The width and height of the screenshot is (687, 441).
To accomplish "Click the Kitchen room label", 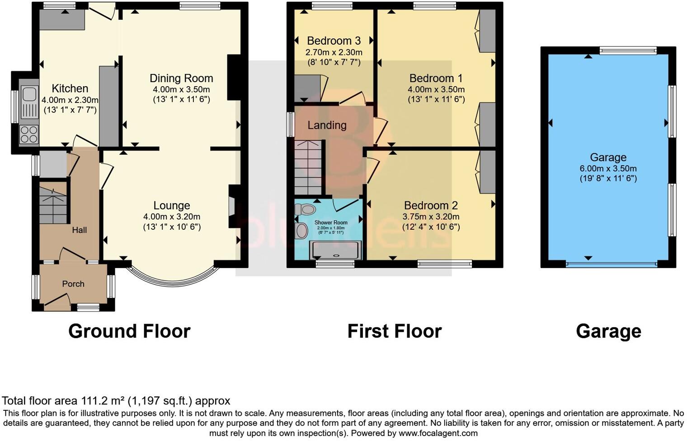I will coord(70,88).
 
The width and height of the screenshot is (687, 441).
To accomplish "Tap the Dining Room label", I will coord(181,78).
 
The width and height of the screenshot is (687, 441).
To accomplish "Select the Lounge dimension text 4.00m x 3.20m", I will coord(172,217).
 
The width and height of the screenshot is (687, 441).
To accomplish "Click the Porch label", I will coord(73,284).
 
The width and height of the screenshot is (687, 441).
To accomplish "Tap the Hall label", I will coord(80,230).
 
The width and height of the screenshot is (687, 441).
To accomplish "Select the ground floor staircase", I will coord(53,205).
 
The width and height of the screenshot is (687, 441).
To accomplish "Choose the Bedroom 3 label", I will coord(334,41).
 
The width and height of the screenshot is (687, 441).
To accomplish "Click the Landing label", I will coord(327,125).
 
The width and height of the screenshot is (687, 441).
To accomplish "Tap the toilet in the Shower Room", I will coord(305,209).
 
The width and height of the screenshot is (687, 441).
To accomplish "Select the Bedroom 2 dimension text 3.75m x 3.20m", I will coord(431,217).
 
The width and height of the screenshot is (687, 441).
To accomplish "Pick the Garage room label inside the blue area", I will coord(608,157).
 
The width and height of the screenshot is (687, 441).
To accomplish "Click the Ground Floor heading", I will coord(129,331).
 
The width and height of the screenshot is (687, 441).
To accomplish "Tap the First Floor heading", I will coord(394,331).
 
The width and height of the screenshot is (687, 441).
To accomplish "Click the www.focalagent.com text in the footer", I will coord(438,433).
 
